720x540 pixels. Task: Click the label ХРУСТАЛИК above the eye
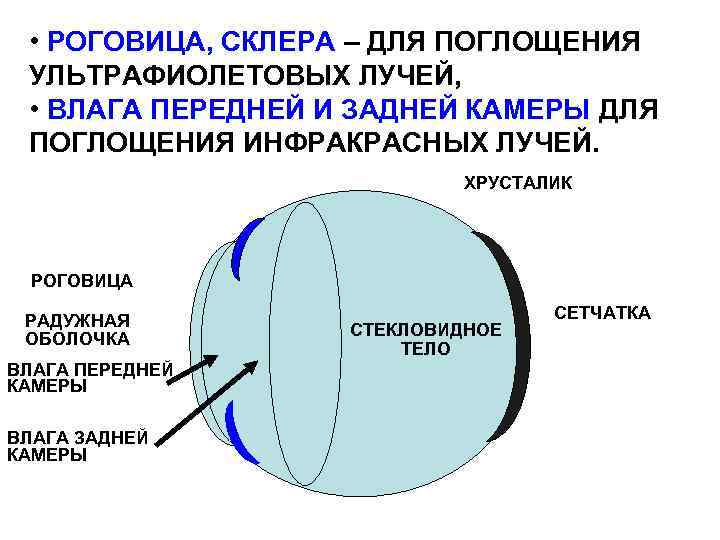517,183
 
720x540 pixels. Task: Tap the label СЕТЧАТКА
602,313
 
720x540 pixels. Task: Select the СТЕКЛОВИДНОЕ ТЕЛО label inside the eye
426,339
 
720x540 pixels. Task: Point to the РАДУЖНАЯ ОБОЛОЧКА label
77,329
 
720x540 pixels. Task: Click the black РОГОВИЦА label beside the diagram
82,281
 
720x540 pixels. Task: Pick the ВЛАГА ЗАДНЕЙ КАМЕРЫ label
77,445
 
